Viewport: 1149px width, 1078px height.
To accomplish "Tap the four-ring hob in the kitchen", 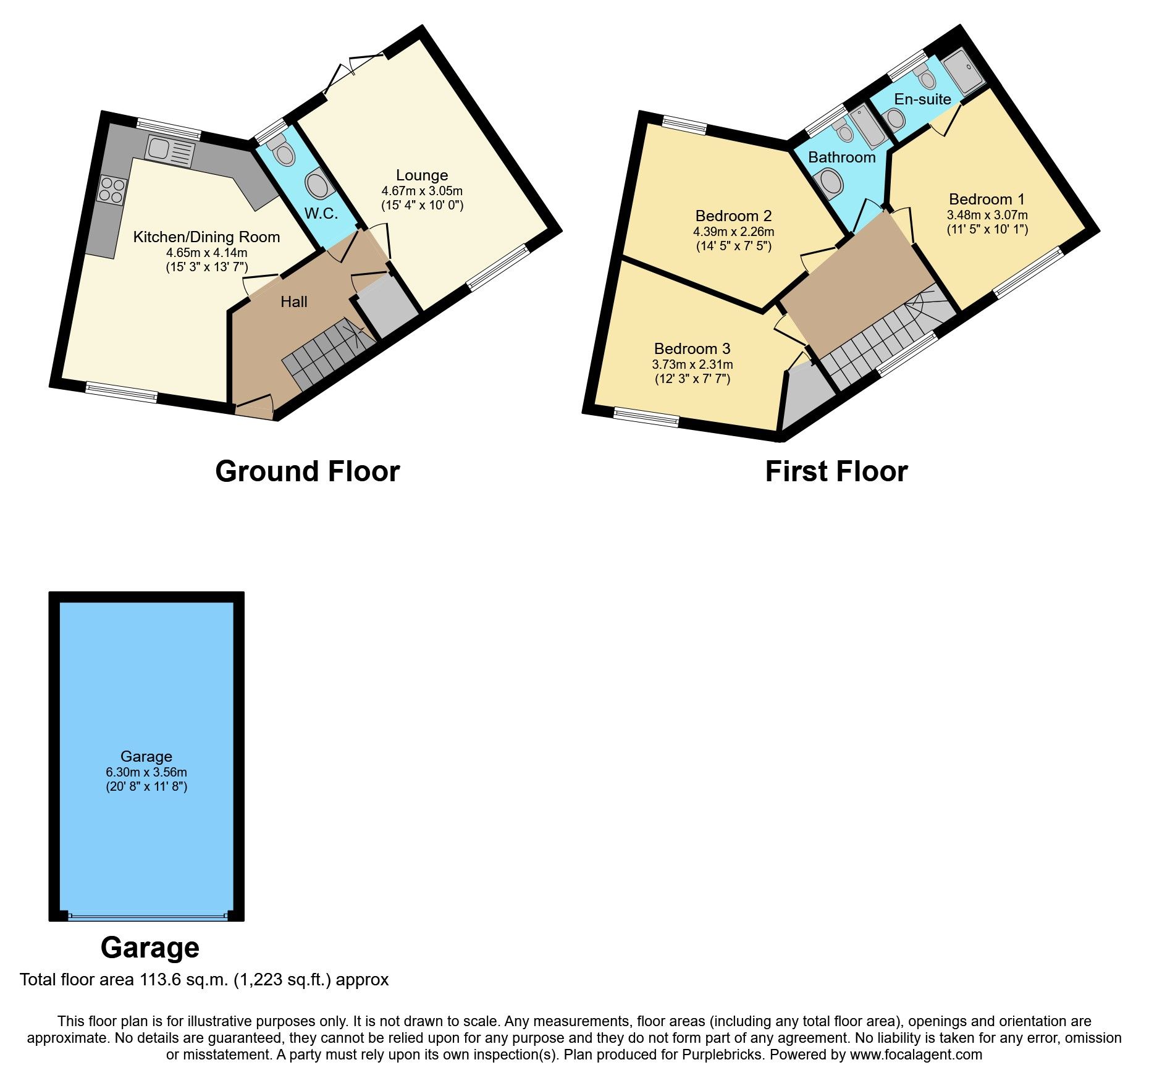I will pyautogui.click(x=112, y=190).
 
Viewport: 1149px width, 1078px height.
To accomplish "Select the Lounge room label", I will pyautogui.click(x=422, y=175).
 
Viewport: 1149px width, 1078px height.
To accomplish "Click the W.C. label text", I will pyautogui.click(x=321, y=214).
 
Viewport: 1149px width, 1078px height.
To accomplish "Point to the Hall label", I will pyautogui.click(x=294, y=302).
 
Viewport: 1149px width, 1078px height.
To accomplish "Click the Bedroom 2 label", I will pyautogui.click(x=733, y=216).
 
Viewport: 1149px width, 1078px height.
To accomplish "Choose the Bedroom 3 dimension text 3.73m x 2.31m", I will pyautogui.click(x=692, y=365).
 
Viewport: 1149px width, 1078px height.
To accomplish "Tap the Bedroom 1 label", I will pyautogui.click(x=987, y=200).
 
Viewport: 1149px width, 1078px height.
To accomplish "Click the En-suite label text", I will pyautogui.click(x=922, y=99).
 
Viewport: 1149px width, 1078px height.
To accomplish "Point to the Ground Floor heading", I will pyautogui.click(x=307, y=471).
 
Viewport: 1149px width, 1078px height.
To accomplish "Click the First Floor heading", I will pyautogui.click(x=836, y=471).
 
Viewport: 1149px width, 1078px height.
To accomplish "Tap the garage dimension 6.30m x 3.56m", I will pyautogui.click(x=146, y=772).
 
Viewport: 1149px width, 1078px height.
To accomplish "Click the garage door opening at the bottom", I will pyautogui.click(x=146, y=916).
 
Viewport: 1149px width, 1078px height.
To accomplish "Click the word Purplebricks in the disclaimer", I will pyautogui.click(x=722, y=1055).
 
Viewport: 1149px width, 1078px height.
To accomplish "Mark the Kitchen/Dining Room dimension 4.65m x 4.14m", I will pyautogui.click(x=206, y=253).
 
